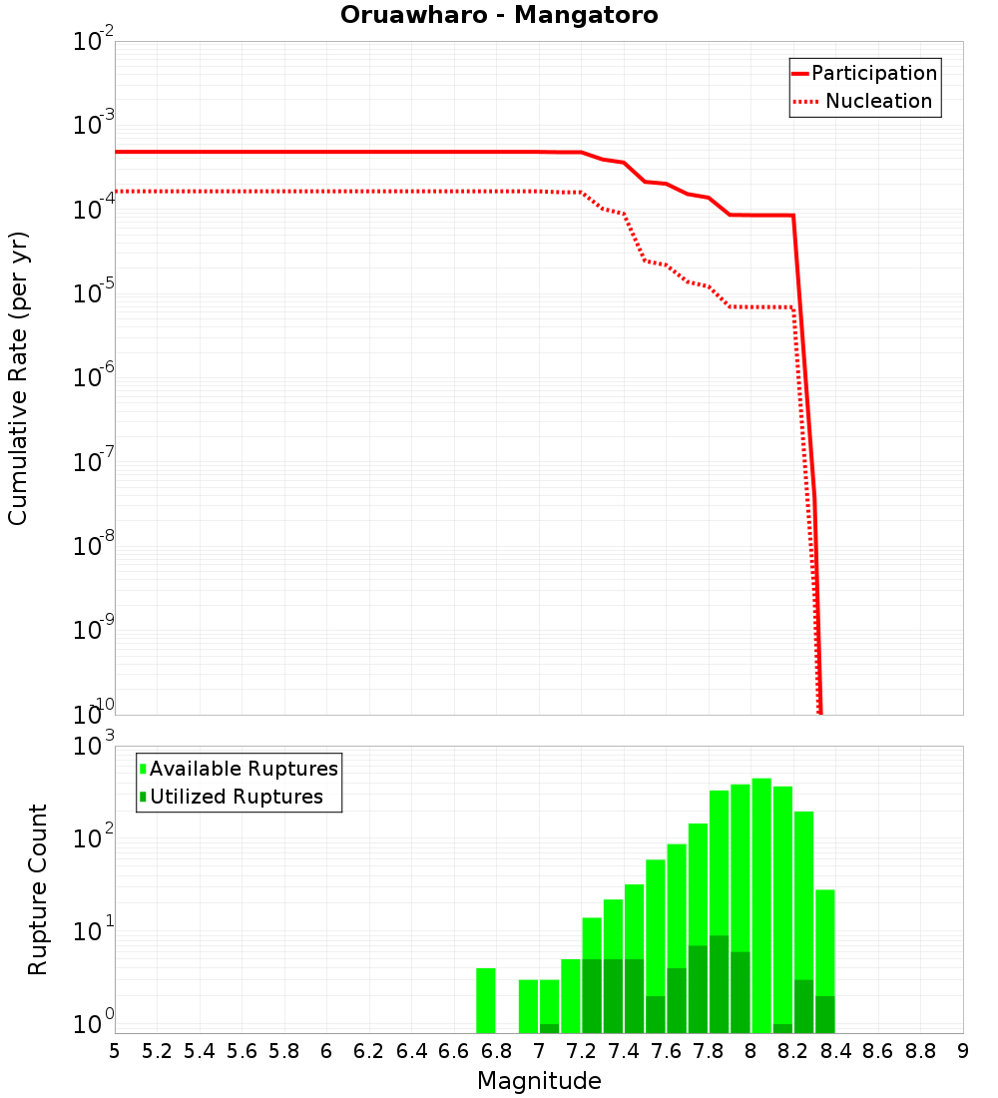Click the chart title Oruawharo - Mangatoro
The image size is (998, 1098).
[x=499, y=16]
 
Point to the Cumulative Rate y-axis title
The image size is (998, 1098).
[x=19, y=378]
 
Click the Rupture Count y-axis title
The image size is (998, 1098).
[x=38, y=889]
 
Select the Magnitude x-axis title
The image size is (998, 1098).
[x=539, y=1081]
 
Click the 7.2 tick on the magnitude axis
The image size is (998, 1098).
[x=581, y=1051]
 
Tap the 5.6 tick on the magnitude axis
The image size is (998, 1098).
[x=242, y=1051]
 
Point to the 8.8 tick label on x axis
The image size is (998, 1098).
[x=920, y=1051]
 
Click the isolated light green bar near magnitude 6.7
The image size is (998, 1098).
[x=486, y=1000]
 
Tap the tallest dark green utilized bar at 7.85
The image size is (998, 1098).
[x=719, y=984]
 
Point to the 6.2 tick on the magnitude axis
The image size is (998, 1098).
[x=369, y=1051]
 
